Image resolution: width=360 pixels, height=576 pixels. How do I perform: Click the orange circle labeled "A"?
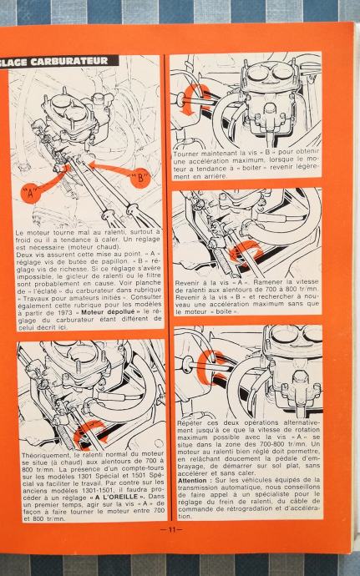(31, 193)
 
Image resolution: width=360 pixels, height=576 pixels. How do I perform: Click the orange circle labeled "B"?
(140, 179)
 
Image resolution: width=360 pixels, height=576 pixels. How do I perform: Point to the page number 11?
(171, 529)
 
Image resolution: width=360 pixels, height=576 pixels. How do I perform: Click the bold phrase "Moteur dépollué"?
(108, 312)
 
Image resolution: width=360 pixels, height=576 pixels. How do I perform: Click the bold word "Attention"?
(192, 481)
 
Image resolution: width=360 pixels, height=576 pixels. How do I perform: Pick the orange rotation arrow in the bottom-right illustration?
(211, 367)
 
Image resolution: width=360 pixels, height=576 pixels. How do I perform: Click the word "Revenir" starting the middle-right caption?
(188, 283)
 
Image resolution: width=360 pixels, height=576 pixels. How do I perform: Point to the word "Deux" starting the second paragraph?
(24, 255)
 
